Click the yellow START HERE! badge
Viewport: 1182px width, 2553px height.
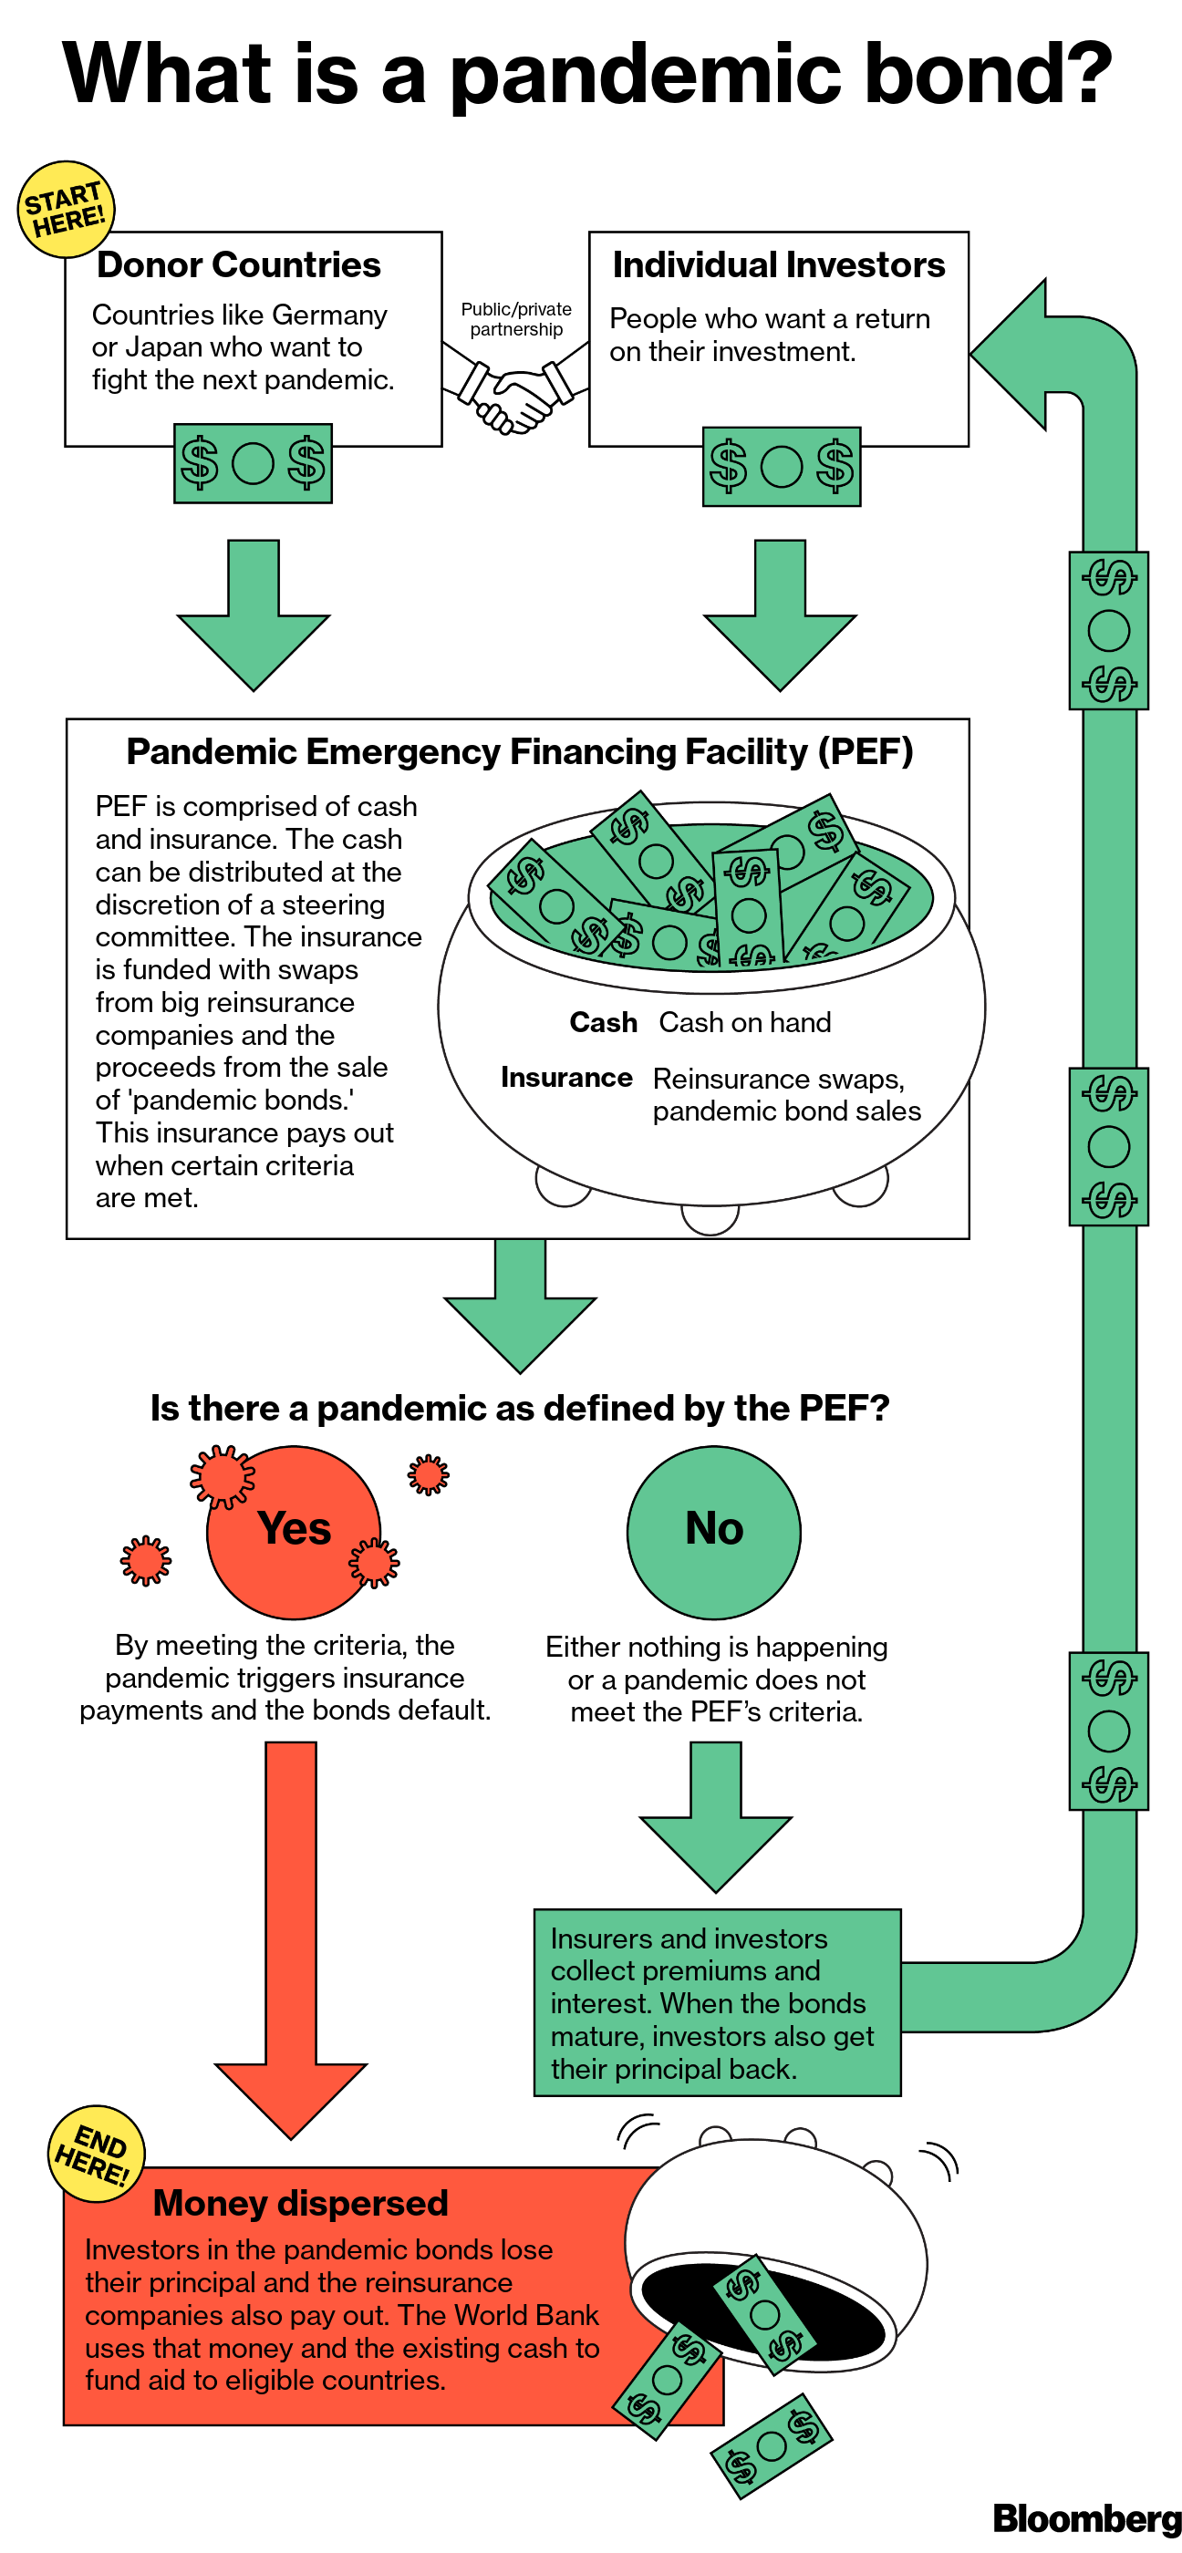pyautogui.click(x=67, y=209)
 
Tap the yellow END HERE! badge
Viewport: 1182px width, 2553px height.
pyautogui.click(x=96, y=2154)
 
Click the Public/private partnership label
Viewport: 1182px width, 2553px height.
pyautogui.click(x=515, y=319)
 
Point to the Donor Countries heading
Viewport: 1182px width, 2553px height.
pyautogui.click(x=239, y=265)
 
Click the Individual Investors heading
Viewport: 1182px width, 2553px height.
pyautogui.click(x=778, y=265)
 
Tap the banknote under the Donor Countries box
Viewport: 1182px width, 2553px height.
pyautogui.click(x=253, y=463)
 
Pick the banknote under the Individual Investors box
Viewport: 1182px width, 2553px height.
pyautogui.click(x=782, y=467)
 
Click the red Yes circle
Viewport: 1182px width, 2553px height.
pyautogui.click(x=294, y=1532)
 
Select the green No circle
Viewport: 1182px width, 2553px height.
pyautogui.click(x=714, y=1532)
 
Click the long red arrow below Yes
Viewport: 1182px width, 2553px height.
pyautogui.click(x=292, y=1933)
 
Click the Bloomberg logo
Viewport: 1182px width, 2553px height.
pyautogui.click(x=1086, y=2517)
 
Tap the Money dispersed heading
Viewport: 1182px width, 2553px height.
pyautogui.click(x=300, y=2202)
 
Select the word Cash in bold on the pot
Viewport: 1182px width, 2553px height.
pyautogui.click(x=603, y=1023)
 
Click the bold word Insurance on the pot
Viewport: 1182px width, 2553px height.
pyautogui.click(x=566, y=1078)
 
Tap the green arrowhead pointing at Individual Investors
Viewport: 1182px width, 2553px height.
pyautogui.click(x=1011, y=354)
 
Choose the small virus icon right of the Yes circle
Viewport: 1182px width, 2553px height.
pyautogui.click(x=429, y=1474)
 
